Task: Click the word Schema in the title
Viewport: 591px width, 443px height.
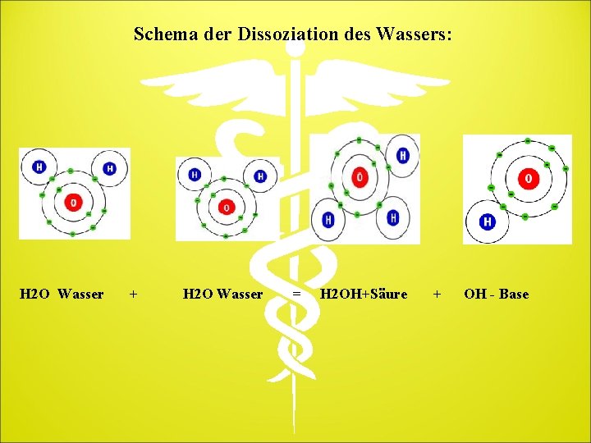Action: (x=162, y=34)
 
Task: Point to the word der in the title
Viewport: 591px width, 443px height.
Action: (x=216, y=34)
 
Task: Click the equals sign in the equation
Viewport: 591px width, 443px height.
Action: (x=297, y=294)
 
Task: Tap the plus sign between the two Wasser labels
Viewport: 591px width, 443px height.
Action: (x=134, y=294)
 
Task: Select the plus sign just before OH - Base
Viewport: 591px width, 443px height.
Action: (x=437, y=294)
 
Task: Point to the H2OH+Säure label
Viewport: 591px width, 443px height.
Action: (x=364, y=294)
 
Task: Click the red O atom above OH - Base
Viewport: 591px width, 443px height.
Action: (x=528, y=178)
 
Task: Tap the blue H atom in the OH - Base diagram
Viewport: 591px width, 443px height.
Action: (x=488, y=221)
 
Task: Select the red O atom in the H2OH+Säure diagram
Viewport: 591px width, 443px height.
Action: (x=359, y=176)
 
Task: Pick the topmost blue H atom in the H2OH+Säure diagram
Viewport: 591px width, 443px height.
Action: (x=402, y=155)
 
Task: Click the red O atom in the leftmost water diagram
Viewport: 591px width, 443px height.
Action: (x=74, y=201)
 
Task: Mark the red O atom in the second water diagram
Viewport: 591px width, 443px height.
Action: (x=227, y=207)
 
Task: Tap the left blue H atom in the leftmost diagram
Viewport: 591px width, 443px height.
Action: (x=39, y=167)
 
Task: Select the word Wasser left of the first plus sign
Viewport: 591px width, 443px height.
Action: (x=81, y=294)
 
